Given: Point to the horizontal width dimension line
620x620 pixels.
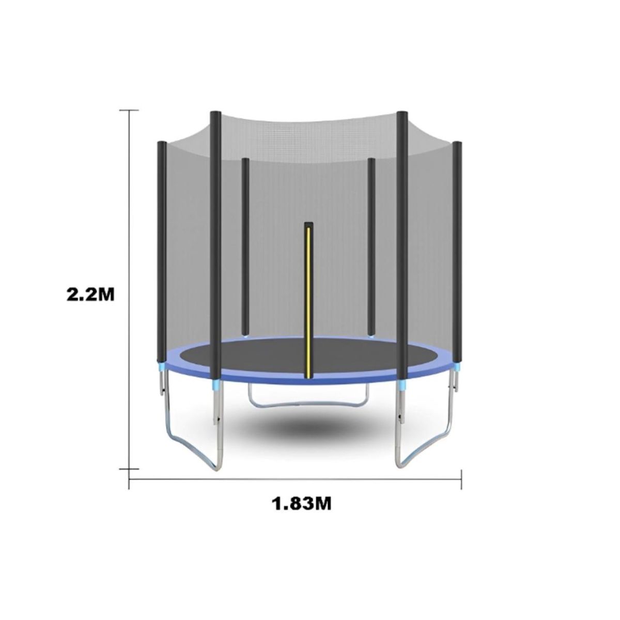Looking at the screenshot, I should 295,479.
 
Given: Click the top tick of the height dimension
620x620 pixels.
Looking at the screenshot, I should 129,110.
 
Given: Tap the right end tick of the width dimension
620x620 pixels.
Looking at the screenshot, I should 461,479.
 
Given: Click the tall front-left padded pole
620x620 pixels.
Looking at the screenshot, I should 216,243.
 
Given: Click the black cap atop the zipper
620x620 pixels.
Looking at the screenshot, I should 308,225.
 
